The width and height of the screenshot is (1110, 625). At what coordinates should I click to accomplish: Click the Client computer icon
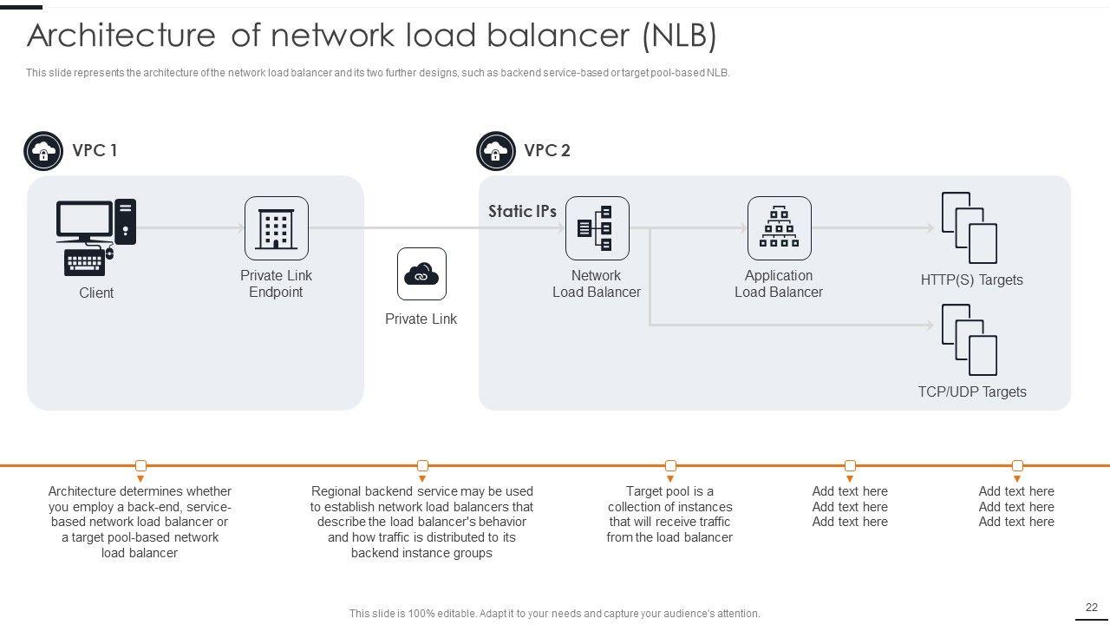pos(95,237)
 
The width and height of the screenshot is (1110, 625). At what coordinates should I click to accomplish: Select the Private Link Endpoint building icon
pos(276,228)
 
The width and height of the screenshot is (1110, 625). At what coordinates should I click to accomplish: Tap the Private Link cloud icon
pos(421,274)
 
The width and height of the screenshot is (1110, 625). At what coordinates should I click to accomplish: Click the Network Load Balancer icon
pos(597,228)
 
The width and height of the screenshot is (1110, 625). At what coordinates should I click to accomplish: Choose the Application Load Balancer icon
pos(779,228)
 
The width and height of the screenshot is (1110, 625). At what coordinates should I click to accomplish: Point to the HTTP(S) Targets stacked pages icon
pos(970,227)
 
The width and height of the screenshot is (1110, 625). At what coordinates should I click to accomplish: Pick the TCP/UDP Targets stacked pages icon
pos(970,339)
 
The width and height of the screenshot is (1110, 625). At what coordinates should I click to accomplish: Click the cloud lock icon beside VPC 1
pos(43,152)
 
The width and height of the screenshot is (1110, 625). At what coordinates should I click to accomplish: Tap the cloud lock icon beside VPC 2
pos(496,152)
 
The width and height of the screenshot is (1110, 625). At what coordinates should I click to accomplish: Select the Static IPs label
pos(522,211)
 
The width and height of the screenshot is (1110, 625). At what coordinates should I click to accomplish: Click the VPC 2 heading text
pos(547,150)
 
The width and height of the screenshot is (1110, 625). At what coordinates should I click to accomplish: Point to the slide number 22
pos(1092,608)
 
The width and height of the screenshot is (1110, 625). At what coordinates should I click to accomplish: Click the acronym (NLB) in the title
pos(679,36)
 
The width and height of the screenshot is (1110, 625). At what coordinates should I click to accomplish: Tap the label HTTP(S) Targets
pos(971,280)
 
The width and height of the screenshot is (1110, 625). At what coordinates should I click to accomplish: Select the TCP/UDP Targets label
pos(971,391)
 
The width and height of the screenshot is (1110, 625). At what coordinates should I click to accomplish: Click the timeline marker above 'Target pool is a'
pos(670,466)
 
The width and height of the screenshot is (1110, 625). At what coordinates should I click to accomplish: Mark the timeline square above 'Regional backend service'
pos(422,466)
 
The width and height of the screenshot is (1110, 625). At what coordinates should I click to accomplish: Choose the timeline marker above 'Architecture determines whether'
pos(140,466)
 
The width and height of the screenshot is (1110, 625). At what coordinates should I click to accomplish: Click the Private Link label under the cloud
pos(421,319)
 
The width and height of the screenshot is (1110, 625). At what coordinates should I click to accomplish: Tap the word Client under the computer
pos(96,293)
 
